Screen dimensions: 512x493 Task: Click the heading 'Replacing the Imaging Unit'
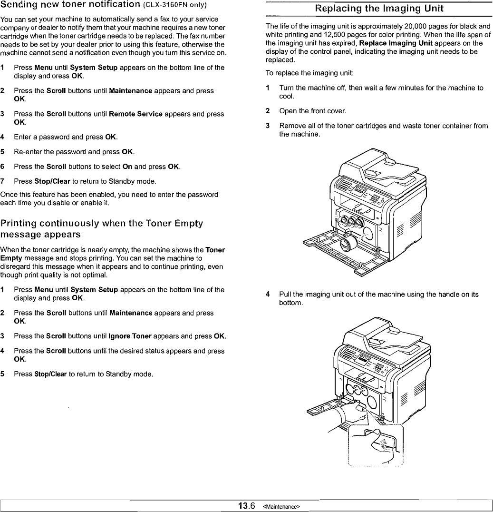pyautogui.click(x=379, y=9)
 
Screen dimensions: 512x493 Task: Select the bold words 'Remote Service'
pyautogui.click(x=135, y=114)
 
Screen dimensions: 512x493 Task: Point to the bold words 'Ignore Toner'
pyautogui.click(x=130, y=336)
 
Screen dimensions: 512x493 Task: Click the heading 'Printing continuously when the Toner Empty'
pyautogui.click(x=102, y=224)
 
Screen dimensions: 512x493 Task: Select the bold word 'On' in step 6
pyautogui.click(x=127, y=167)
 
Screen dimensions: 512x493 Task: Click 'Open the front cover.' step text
pyautogui.click(x=312, y=111)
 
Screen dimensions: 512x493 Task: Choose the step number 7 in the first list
pyautogui.click(x=3, y=181)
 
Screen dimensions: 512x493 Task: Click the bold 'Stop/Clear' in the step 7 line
pyautogui.click(x=52, y=181)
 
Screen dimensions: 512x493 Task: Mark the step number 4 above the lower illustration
pyautogui.click(x=268, y=295)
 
